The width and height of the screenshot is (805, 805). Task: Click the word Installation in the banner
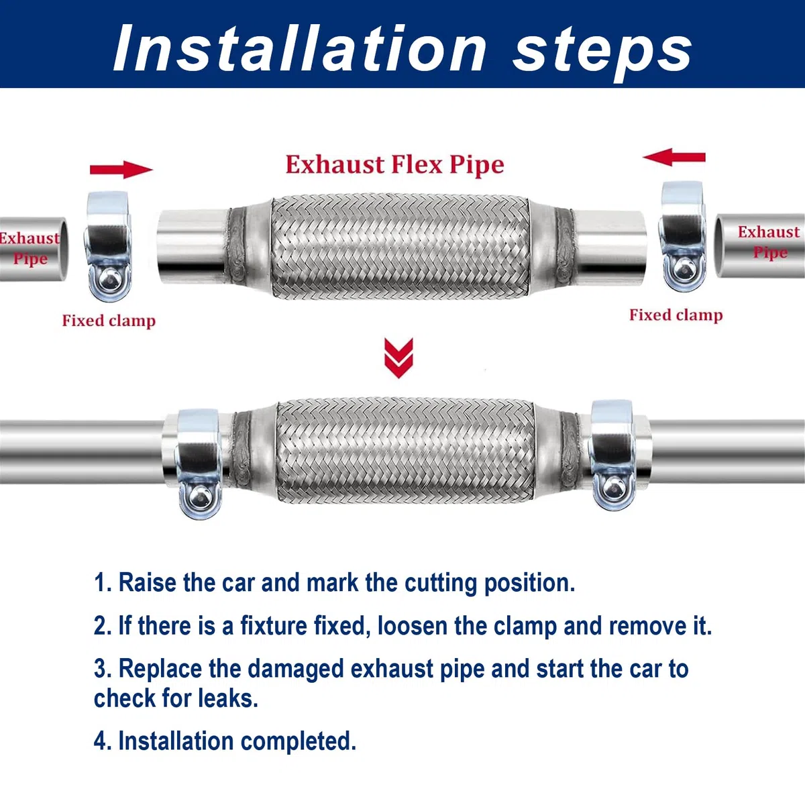pyautogui.click(x=299, y=49)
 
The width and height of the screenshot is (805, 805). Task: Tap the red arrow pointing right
pyautogui.click(x=121, y=170)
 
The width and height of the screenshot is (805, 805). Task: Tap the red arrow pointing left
pyautogui.click(x=674, y=157)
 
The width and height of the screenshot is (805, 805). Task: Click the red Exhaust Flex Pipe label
pyautogui.click(x=394, y=164)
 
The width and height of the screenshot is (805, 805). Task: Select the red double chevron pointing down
pyautogui.click(x=398, y=358)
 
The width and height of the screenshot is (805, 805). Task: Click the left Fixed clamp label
pyautogui.click(x=109, y=321)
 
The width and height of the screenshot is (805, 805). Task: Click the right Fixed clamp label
pyautogui.click(x=676, y=315)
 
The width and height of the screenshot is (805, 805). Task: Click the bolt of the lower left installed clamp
pyautogui.click(x=200, y=498)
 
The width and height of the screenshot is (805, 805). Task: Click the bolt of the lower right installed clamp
pyautogui.click(x=613, y=487)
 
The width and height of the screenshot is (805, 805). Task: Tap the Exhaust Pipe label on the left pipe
pyautogui.click(x=30, y=249)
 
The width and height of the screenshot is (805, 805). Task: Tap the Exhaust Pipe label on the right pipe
pyautogui.click(x=769, y=242)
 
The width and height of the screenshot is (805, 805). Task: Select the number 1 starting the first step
pyautogui.click(x=101, y=583)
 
